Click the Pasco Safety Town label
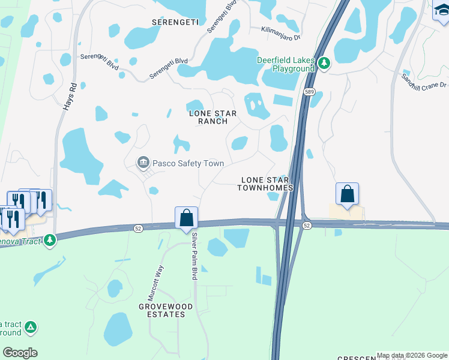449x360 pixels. pos(188,163)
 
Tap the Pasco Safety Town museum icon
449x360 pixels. pos(143,162)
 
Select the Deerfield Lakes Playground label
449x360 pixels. pos(286,64)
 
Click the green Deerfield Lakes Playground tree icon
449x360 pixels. pos(324,64)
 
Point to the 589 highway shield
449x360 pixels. pos(309,92)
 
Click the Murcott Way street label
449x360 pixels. pos(155,283)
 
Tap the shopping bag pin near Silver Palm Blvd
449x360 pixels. pos(186,218)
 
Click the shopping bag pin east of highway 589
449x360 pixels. pos(347,193)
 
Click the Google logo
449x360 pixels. pos(20,353)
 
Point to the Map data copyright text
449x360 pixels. pos(412,355)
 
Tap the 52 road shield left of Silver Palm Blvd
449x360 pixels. pos(137,227)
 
